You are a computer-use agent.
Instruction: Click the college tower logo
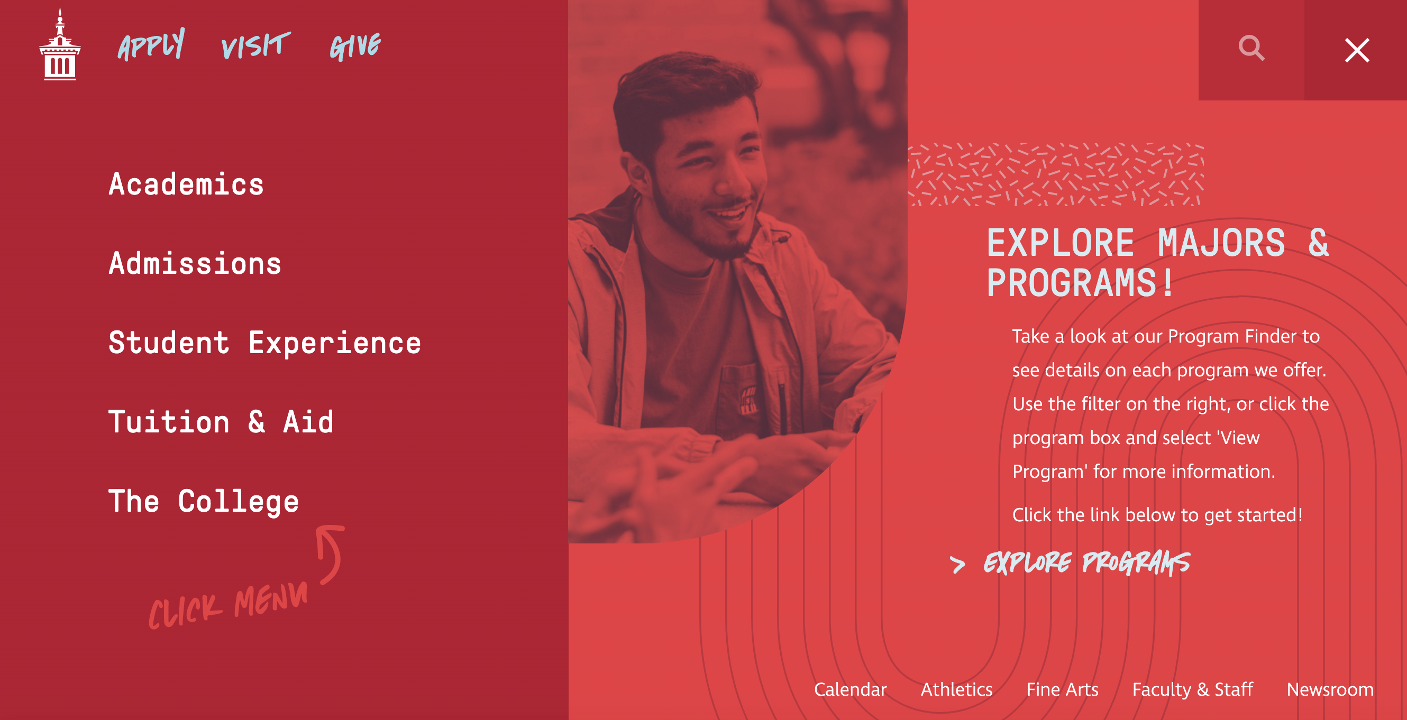coord(60,44)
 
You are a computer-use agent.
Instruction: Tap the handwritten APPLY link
coord(151,44)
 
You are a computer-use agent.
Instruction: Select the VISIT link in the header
coord(255,45)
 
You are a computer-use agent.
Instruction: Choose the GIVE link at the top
coord(355,46)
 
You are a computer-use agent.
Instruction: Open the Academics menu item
coord(186,184)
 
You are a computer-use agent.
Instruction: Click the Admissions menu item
coord(195,263)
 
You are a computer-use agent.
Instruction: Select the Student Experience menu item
coord(265,343)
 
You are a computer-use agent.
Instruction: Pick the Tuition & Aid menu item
coord(221,422)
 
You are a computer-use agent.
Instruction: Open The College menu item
coord(204,502)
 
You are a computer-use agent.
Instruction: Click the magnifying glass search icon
coord(1251,49)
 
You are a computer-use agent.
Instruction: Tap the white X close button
coord(1357,50)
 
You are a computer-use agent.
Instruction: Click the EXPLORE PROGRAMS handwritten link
coord(1086,563)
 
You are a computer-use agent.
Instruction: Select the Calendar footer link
coord(850,689)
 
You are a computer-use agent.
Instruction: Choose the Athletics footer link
coord(956,689)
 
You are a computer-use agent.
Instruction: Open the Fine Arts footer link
coord(1062,689)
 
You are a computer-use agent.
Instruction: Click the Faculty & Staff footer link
coord(1192,690)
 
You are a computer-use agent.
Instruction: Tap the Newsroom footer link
coord(1330,689)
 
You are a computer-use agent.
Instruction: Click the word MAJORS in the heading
coord(1221,243)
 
